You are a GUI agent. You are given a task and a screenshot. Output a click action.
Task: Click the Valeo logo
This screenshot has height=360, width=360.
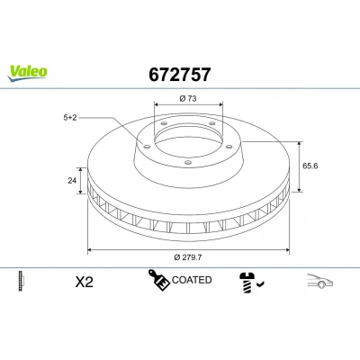(27, 73)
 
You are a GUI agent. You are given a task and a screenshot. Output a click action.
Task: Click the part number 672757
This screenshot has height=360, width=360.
(180, 75)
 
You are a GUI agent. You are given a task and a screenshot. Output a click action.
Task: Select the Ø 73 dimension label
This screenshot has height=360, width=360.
(188, 98)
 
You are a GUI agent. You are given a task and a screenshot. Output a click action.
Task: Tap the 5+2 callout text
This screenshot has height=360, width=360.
(70, 118)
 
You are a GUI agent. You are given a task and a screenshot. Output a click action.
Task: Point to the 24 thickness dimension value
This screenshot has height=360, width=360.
(72, 181)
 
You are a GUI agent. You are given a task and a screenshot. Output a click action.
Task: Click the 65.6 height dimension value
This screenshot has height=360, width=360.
(310, 166)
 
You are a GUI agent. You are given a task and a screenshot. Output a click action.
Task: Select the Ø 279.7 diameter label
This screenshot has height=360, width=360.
(188, 257)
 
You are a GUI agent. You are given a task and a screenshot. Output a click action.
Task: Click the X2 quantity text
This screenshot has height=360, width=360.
(85, 282)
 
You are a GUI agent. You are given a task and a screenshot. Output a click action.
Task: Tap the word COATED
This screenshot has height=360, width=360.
(192, 280)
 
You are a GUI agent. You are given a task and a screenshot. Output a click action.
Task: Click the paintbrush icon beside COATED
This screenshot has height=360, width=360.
(159, 280)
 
